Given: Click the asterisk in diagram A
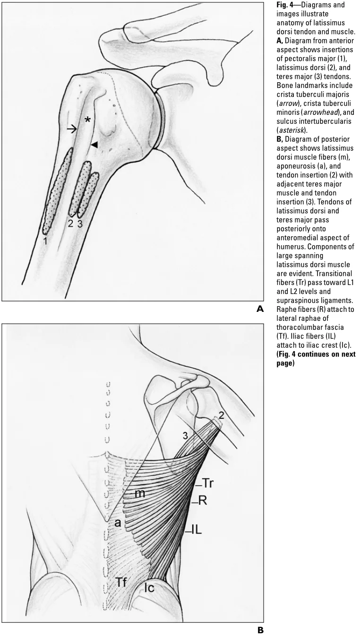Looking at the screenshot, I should [x=87, y=120].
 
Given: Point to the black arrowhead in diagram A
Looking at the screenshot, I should [x=94, y=145].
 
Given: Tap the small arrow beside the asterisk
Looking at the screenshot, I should [x=72, y=129].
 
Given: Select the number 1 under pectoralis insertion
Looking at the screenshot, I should [x=45, y=241].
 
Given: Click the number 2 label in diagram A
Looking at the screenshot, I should [x=70, y=224].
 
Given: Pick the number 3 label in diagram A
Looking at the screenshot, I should [x=80, y=224].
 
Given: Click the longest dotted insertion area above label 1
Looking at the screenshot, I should [x=57, y=191].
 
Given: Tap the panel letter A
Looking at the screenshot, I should [x=259, y=310].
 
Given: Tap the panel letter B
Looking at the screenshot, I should [x=259, y=630].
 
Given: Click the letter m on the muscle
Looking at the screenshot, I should [x=139, y=494].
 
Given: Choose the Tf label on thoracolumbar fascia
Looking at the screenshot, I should [x=122, y=583].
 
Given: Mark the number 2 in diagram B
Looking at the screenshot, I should [x=221, y=416].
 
